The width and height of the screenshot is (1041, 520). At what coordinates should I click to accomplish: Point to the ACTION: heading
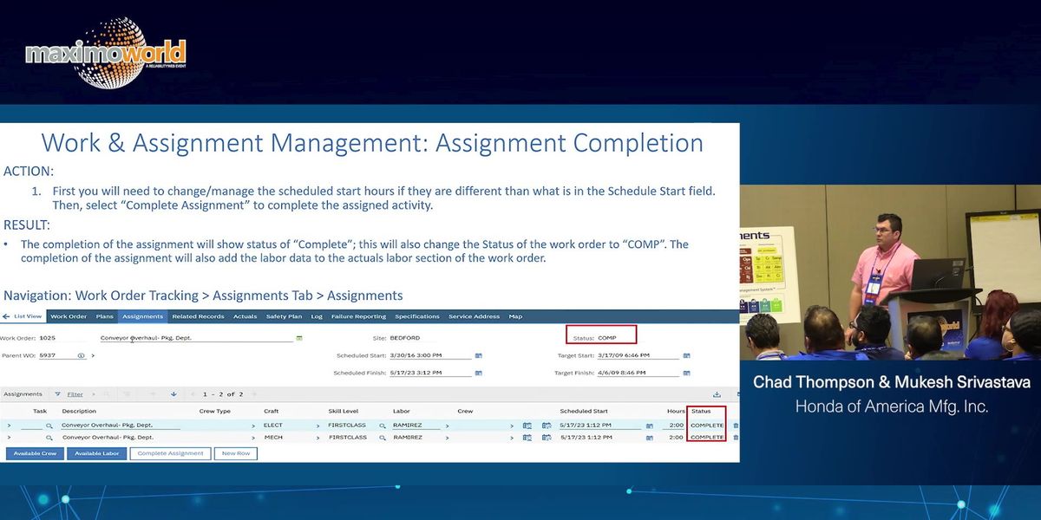tap(29, 172)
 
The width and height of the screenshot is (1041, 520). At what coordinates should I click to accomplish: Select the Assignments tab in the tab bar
tap(142, 316)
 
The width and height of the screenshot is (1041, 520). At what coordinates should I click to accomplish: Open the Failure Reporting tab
tap(358, 316)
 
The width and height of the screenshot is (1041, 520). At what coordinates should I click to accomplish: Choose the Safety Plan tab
tap(284, 316)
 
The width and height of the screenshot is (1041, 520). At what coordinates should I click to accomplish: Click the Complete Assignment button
tap(170, 453)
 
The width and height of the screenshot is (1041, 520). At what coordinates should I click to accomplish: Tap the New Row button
tap(236, 453)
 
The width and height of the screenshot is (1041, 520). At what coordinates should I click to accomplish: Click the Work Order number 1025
tap(47, 338)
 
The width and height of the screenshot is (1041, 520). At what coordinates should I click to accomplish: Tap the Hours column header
tap(676, 411)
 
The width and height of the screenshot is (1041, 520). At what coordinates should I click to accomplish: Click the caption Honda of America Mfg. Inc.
tap(892, 406)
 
